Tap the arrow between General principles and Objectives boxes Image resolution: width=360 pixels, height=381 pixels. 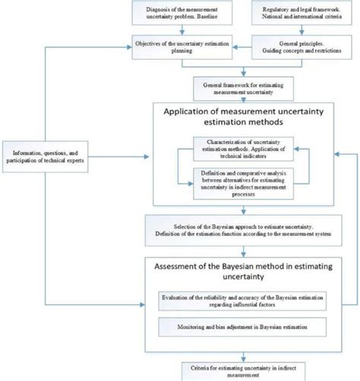(223, 46)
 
